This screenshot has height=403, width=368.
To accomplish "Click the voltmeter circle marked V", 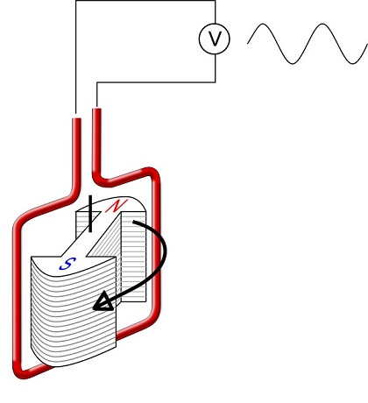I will pos(215,39).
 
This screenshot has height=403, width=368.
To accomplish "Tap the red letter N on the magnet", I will pos(116,206).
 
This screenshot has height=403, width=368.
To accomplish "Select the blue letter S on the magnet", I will pos(65,261).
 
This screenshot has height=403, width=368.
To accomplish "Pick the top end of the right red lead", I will pos(97,111).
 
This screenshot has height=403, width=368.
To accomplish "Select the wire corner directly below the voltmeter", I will pos(215,82).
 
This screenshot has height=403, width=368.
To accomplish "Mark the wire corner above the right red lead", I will pos(96,82).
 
